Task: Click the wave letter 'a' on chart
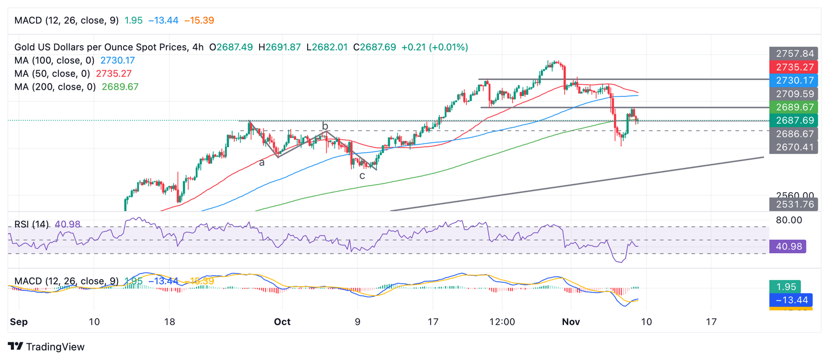(262, 162)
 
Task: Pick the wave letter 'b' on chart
(325, 126)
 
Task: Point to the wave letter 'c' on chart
(362, 175)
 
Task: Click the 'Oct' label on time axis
(282, 322)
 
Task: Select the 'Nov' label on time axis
(570, 322)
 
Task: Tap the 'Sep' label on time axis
(18, 322)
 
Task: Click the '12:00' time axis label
(501, 322)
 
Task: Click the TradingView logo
(46, 347)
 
